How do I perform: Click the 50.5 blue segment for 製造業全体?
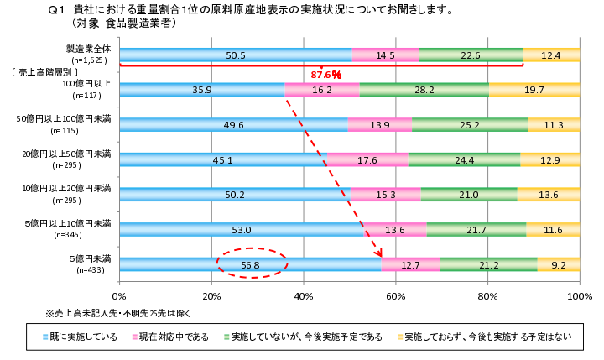tap(236, 55)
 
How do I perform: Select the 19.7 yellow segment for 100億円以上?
tap(534, 90)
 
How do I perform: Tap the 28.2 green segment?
tap(424, 90)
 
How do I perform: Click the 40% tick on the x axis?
tap(304, 296)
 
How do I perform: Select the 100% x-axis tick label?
tap(579, 296)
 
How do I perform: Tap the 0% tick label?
tap(119, 296)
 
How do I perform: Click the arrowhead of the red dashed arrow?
tap(380, 253)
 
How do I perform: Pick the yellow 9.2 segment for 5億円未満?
tap(558, 264)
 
